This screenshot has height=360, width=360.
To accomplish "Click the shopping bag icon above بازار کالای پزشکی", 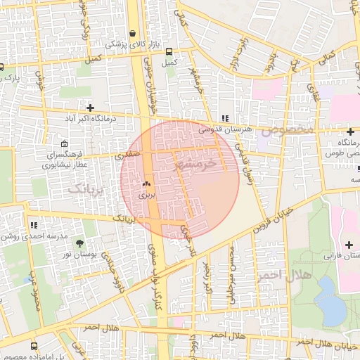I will coord(132,32).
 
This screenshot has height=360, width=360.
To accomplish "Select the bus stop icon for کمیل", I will coord(168,50).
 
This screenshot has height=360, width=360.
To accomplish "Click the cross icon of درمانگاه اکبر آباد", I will coord(89,108).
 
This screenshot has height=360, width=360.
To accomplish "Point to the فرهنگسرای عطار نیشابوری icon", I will coord(64,144).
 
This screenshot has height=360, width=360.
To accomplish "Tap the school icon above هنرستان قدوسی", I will coord(224,118).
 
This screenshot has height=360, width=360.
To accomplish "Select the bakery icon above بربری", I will coord(146,183).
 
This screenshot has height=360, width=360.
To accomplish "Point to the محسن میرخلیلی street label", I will coord(233,270).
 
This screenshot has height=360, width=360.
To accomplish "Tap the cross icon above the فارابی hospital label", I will coord(349,244).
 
